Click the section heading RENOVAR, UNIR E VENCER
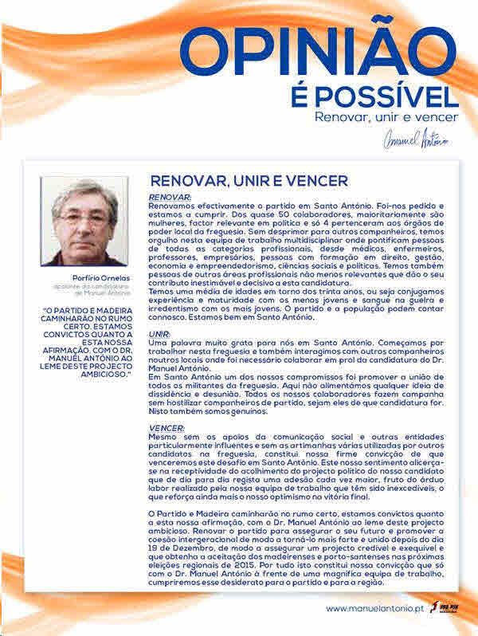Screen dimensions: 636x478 pos(240,182)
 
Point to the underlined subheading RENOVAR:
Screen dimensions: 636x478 pos(170,196)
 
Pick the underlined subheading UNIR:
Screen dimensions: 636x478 pos(160,334)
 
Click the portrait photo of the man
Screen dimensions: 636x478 pos(84,221)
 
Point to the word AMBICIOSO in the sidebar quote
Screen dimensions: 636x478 pos(104,374)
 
